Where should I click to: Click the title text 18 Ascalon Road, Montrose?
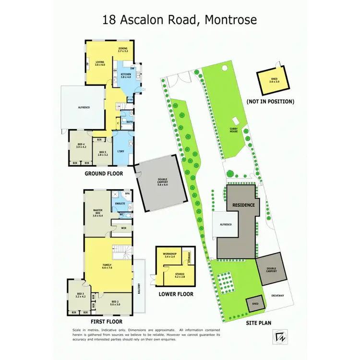[180, 20]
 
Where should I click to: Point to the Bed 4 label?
[81, 145]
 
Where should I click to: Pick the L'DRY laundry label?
[121, 151]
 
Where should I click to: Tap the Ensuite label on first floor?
[120, 204]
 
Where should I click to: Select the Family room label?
[107, 266]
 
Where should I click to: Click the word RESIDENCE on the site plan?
[243, 205]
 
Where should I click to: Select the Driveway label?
[277, 295]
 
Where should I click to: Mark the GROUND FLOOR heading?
[104, 173]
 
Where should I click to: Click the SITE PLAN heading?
[259, 323]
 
